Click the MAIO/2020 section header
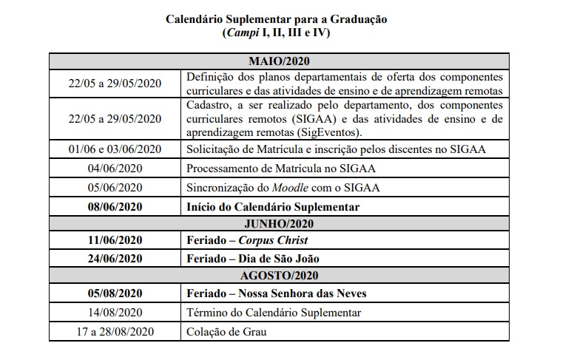coord(279,61)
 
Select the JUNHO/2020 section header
coord(279,223)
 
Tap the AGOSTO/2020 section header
coord(279,276)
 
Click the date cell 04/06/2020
coord(115,169)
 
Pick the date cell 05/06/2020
coord(115,188)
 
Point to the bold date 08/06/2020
coord(115,206)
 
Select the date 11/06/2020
coord(115,240)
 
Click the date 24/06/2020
coord(115,258)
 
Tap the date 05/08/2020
coord(115,293)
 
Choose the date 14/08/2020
coord(115,312)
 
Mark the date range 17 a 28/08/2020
coord(115,331)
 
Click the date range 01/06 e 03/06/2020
coord(115,150)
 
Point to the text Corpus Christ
coord(271,240)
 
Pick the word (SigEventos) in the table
coord(329,132)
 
